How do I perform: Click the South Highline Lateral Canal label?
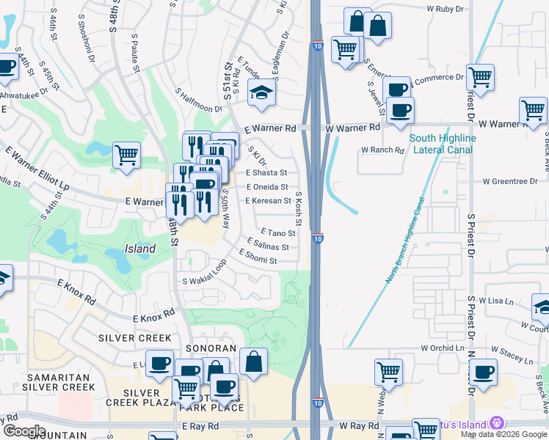(x=443, y=144)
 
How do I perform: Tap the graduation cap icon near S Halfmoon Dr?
(x=260, y=93)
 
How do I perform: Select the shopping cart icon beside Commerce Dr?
(x=480, y=77)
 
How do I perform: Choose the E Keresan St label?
(x=269, y=200)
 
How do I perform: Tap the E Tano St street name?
(x=277, y=233)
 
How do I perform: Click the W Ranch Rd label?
(x=382, y=150)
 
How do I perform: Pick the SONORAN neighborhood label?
(x=211, y=348)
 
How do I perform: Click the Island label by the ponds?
(x=139, y=249)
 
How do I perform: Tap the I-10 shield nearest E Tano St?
(x=317, y=238)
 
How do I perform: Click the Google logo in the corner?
(x=24, y=431)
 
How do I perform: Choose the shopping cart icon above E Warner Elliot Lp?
(x=126, y=155)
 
